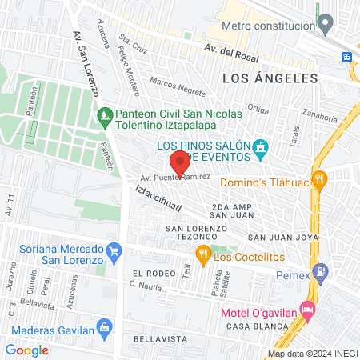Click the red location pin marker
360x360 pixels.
click(180, 162)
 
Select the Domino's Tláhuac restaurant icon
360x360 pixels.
click(318, 180)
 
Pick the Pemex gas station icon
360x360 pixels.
click(321, 272)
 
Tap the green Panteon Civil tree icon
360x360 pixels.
click(105, 117)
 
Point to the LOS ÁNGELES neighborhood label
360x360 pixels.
click(270, 78)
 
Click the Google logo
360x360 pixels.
click(26, 350)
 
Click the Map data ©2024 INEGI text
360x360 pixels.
click(312, 353)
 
